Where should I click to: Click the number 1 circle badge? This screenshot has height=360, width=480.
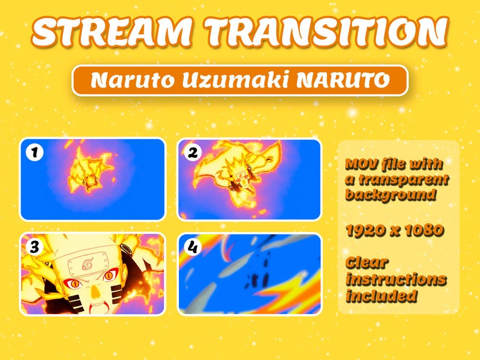tap(34, 153)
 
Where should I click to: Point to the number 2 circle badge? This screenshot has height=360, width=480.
tap(192, 153)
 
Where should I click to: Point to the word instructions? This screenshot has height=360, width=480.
tap(396, 280)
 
